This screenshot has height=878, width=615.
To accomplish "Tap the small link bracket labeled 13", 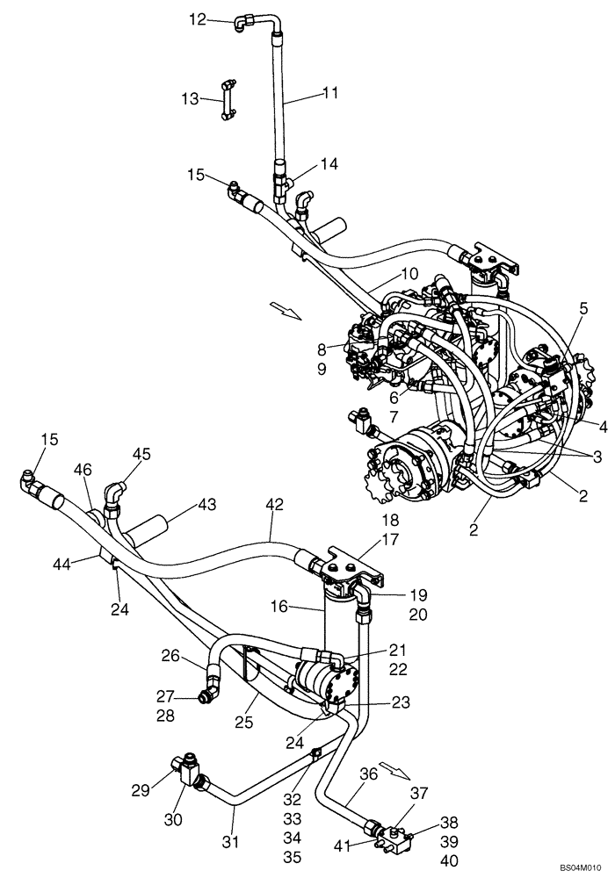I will pos(228,99).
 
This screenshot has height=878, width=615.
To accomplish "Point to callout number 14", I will pos(329,163).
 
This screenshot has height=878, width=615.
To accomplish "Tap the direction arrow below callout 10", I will pos(286,310).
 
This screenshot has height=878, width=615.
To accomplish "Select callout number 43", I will pos(206,506).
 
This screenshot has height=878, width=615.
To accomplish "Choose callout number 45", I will pos(142,453).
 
